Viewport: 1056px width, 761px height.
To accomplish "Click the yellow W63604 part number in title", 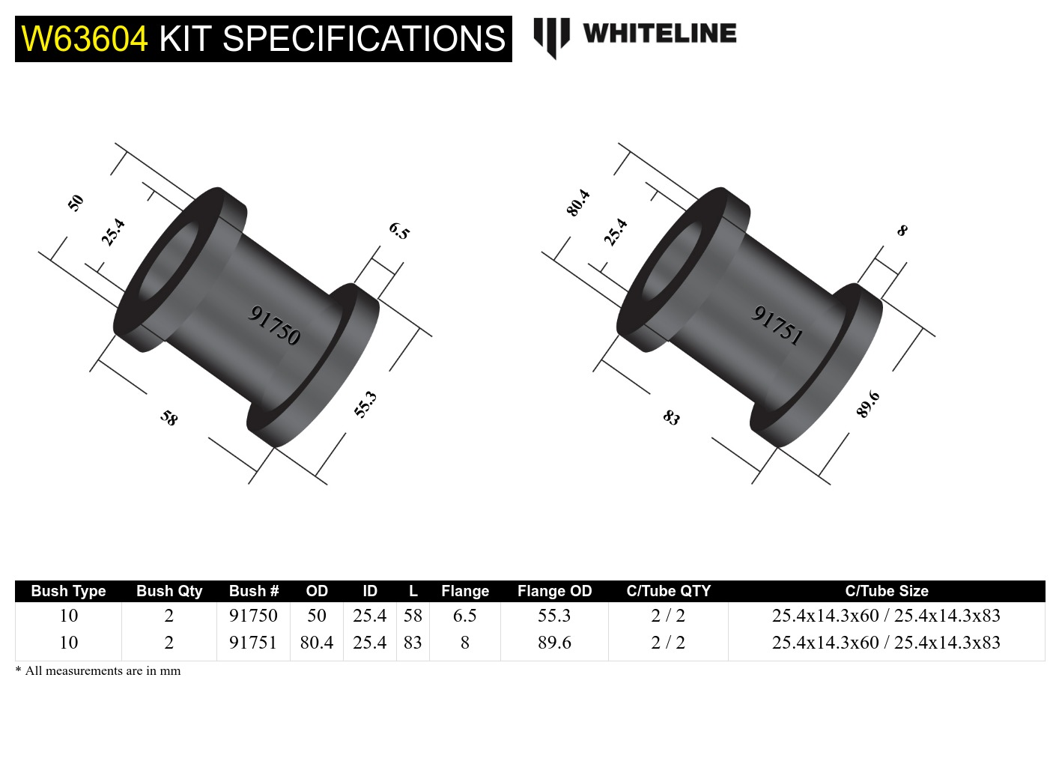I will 85,39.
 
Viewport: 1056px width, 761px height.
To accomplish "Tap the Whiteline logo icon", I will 551,36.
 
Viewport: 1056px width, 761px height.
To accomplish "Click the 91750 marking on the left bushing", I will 274,325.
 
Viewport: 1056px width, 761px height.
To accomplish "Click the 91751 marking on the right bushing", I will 777,325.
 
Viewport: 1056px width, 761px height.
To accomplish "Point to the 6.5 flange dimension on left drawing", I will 399,231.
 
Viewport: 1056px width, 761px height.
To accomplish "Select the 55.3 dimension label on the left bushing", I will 365,404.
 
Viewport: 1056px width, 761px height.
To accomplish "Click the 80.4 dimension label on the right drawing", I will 578,203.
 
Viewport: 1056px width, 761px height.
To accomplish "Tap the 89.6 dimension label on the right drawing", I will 868,404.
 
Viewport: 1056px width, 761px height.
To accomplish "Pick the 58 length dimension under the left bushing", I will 169,418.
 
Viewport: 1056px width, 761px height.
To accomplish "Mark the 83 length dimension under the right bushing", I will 672,418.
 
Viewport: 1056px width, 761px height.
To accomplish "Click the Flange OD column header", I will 554,591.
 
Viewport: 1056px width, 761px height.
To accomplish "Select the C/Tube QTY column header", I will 668,591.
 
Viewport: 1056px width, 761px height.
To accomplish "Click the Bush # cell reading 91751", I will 253,643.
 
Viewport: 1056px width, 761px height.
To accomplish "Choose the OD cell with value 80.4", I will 317,643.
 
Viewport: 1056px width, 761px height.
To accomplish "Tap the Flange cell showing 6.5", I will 464,616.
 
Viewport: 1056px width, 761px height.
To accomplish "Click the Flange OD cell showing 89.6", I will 554,643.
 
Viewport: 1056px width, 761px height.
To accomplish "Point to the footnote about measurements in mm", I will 98,671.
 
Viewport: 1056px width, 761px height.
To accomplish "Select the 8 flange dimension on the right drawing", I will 902,231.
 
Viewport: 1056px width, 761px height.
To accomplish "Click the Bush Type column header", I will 68,591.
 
